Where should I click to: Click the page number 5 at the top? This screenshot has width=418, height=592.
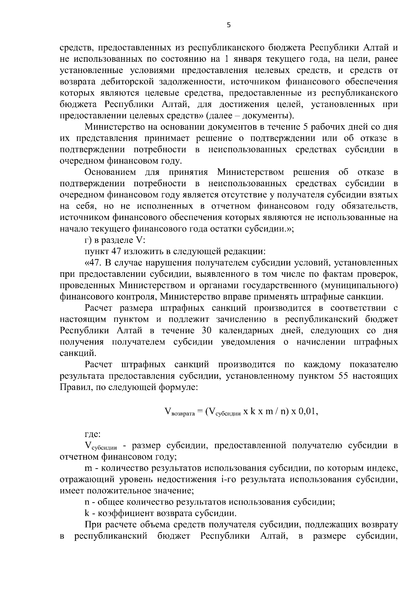coord(229,25)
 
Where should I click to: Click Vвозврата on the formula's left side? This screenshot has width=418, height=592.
coord(179,412)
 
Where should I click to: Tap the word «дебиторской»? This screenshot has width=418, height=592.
coord(130,82)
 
